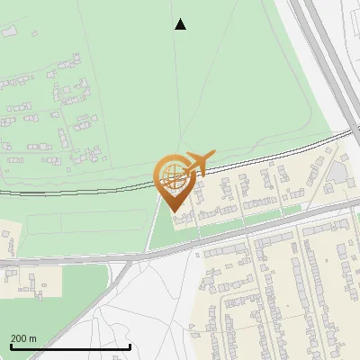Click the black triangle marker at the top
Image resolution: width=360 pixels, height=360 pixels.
[x=180, y=24]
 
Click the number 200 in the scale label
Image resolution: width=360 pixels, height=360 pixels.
[x=19, y=338]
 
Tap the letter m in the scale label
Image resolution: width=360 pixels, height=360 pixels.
[x=33, y=338]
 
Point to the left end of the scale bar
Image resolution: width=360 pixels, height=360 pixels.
[x=11, y=346]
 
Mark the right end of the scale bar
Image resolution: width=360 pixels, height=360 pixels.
[x=130, y=346]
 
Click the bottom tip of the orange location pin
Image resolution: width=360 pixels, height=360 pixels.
[x=172, y=211]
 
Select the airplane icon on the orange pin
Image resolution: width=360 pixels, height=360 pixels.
[x=198, y=163]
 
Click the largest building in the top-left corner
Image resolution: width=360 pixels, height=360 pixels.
[x=10, y=32]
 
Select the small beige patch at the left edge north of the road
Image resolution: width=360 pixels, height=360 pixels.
[x=8, y=242]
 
